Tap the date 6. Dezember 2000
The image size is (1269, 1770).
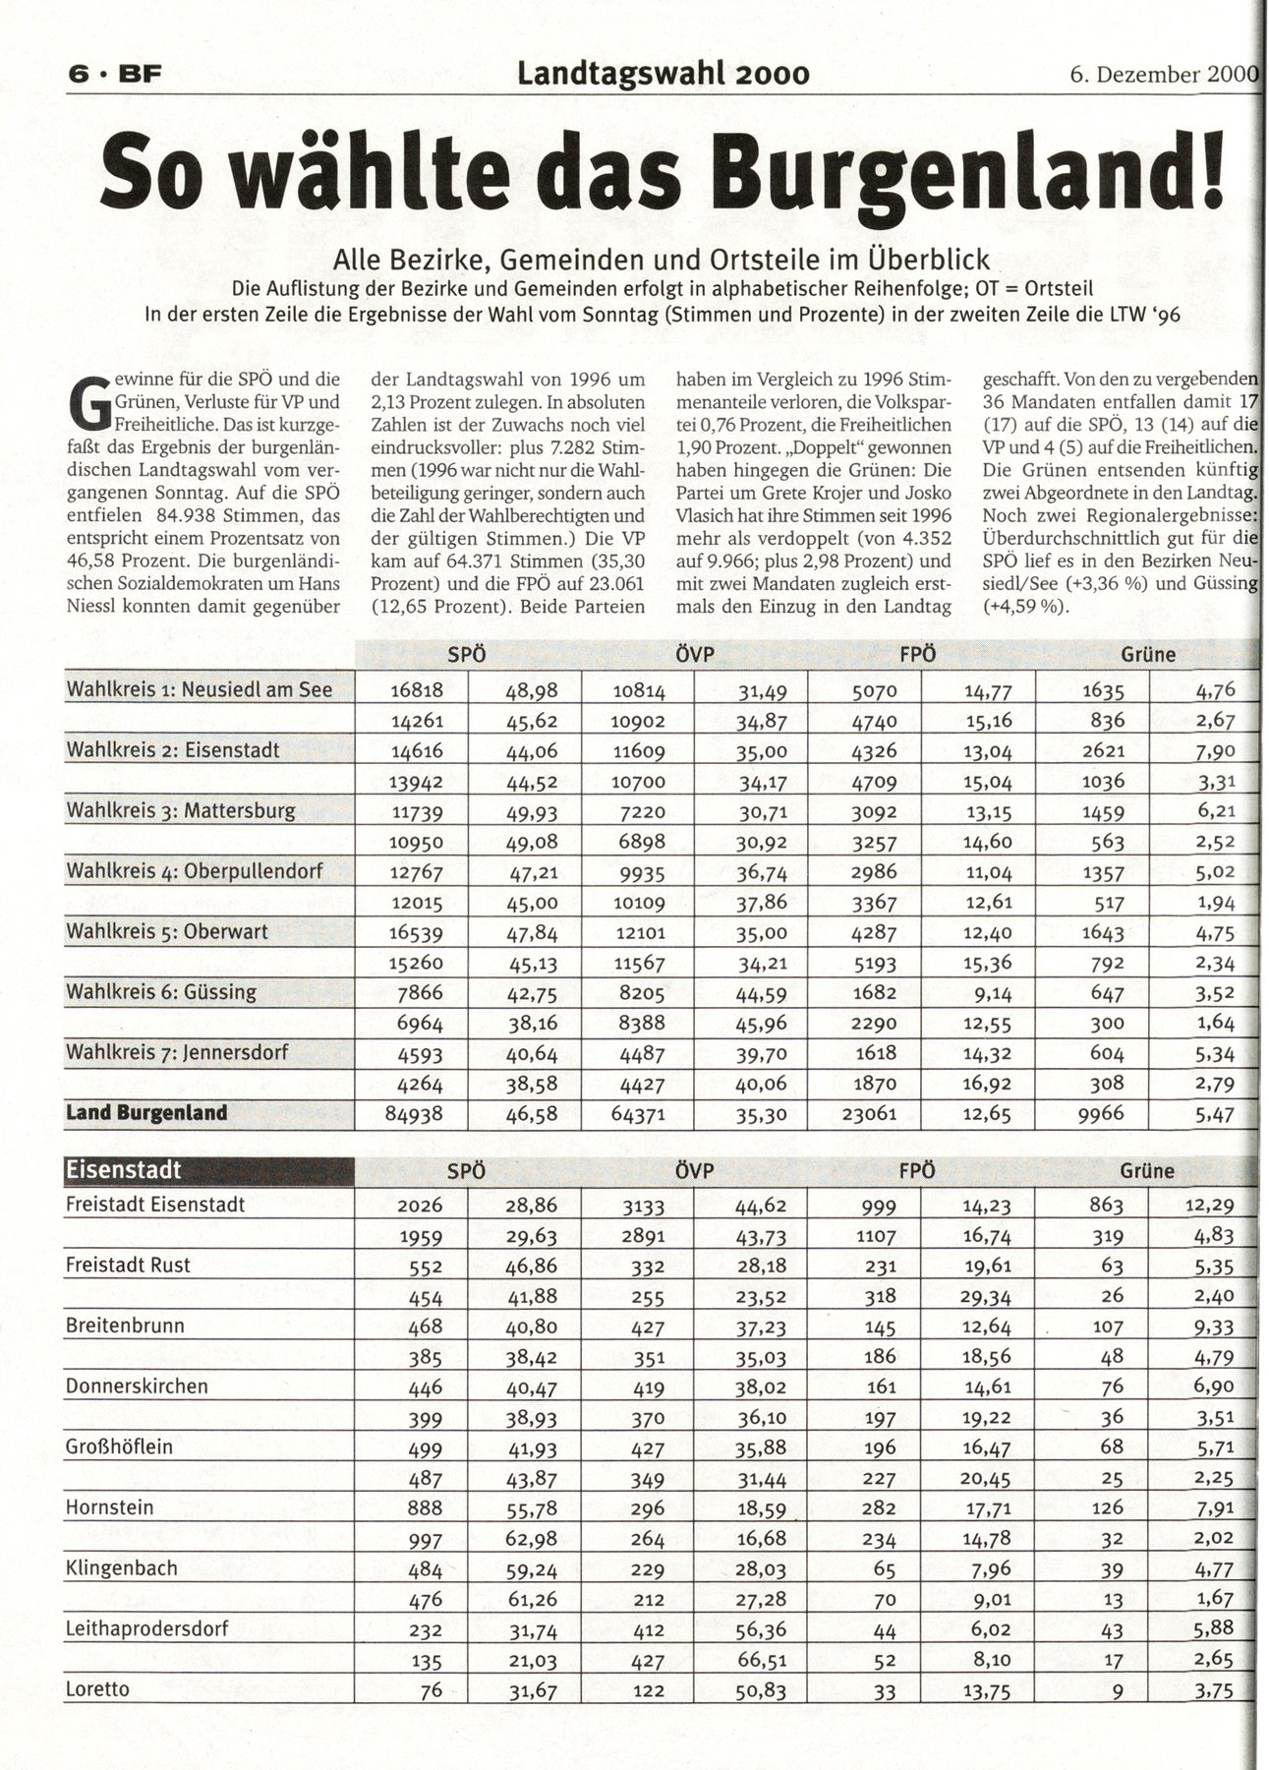1164,75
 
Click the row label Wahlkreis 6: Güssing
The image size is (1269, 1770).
161,992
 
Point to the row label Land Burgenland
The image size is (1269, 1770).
146,1113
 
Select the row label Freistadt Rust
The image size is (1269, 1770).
128,1266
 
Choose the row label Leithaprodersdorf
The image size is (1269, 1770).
146,1628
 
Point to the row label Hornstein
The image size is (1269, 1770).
109,1507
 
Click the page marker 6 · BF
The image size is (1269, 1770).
105,75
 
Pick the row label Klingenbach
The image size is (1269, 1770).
122,1568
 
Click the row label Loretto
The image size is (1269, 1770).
97,1689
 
